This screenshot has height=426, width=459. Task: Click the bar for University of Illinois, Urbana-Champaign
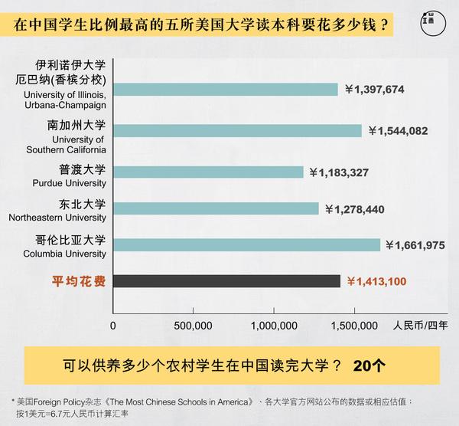(226, 90)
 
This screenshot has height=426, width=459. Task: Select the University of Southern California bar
(237, 131)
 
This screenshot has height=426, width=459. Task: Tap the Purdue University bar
(208, 172)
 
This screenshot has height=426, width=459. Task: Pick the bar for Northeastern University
(216, 208)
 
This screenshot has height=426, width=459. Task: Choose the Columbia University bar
(246, 245)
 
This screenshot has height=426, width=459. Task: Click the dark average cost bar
(226, 282)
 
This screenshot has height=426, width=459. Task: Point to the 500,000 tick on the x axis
(194, 326)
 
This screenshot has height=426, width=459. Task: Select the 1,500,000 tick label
(353, 326)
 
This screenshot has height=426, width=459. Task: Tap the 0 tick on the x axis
(113, 326)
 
